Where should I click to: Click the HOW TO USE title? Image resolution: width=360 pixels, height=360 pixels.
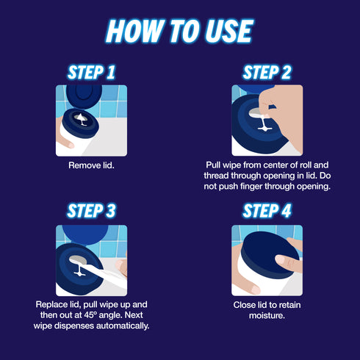180,31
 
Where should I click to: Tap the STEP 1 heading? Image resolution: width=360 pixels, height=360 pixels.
91,73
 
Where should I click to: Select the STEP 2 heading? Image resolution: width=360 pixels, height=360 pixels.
267,73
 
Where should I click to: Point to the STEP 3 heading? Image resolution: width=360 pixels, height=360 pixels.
91,211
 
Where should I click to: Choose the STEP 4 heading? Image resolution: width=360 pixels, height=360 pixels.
267,211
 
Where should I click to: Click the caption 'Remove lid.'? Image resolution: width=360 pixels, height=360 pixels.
91,165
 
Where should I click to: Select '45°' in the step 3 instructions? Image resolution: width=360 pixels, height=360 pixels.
90,315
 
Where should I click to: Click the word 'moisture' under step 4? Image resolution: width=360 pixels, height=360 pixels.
267,315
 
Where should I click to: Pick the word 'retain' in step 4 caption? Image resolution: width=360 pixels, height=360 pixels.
289,305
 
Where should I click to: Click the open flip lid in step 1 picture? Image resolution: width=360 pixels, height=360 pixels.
84,96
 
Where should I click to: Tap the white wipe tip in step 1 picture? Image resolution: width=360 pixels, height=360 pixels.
81,119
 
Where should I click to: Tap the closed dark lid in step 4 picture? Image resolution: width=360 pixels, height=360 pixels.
269,255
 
